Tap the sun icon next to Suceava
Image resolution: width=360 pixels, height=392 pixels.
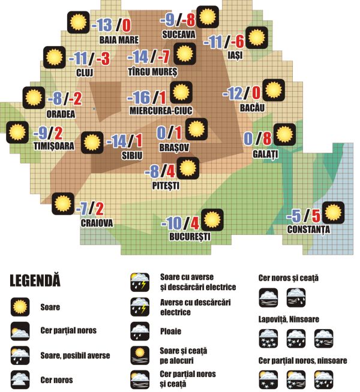click(x=208, y=16)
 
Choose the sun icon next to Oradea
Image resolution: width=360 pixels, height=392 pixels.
click(x=32, y=98)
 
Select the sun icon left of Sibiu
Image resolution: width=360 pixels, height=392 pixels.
click(x=91, y=143)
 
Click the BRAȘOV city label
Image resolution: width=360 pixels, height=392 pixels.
click(x=175, y=146)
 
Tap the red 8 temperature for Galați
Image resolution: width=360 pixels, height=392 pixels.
click(x=267, y=140)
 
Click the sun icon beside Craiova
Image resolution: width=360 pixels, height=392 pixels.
click(x=62, y=204)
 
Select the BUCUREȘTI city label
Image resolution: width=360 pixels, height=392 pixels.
click(x=186, y=237)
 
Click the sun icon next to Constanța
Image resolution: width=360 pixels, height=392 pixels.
click(x=333, y=213)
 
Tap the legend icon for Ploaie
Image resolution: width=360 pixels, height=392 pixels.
click(x=140, y=331)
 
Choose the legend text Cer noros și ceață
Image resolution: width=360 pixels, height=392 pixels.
click(x=288, y=278)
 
